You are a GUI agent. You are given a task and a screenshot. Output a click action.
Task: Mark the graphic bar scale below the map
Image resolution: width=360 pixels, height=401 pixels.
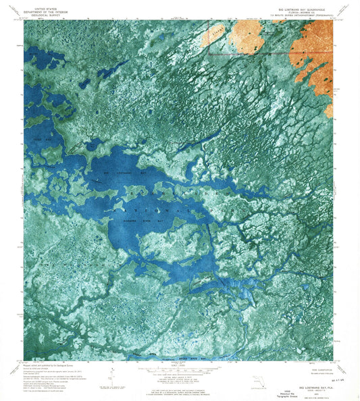point(179,370)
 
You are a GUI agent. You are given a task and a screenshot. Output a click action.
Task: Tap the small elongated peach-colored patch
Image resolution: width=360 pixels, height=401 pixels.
point(217,33)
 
